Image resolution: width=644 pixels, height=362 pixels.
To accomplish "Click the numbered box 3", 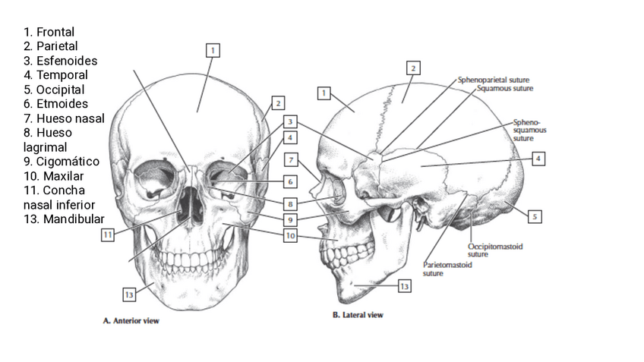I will (290, 121).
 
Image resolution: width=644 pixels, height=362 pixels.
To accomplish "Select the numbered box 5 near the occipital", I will (535, 216).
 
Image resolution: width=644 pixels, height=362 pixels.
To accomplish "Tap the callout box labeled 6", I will (290, 182).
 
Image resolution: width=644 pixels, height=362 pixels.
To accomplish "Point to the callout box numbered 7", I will (290, 159).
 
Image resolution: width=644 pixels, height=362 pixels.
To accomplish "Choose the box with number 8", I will (290, 203).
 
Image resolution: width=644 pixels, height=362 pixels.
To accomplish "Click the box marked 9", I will (290, 219).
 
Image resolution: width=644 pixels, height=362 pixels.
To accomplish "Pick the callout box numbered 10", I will (290, 236).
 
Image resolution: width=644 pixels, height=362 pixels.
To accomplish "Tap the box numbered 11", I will (108, 235).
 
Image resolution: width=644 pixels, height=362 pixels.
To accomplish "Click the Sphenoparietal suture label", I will (493, 80).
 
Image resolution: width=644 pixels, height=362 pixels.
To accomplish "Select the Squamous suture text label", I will (505, 88).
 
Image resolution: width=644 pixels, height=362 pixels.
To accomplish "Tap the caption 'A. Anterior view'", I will (131, 321).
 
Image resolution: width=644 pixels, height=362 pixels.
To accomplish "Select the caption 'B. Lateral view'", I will (358, 314).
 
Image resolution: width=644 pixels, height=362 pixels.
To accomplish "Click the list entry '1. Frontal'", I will (49, 32).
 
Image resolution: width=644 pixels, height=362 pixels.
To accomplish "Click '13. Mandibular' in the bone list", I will (64, 219).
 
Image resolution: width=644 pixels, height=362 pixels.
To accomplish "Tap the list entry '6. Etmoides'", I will (55, 104).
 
